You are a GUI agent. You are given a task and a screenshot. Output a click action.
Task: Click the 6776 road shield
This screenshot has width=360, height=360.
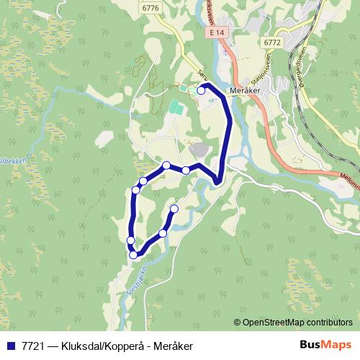(150, 8)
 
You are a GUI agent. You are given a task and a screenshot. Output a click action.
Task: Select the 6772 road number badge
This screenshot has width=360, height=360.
(272, 42)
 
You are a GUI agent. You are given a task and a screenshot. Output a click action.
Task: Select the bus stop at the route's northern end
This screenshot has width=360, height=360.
(201, 91)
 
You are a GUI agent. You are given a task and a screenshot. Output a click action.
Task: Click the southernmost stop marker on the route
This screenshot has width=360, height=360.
(133, 253)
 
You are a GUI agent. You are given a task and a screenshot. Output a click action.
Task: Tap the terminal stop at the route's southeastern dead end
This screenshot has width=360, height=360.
(174, 209)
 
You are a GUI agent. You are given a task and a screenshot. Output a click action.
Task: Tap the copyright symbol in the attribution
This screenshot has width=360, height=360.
(237, 322)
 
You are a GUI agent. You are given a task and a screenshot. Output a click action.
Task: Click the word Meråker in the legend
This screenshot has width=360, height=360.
(173, 346)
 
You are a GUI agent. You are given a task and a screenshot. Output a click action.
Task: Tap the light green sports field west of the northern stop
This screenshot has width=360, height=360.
(176, 109)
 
